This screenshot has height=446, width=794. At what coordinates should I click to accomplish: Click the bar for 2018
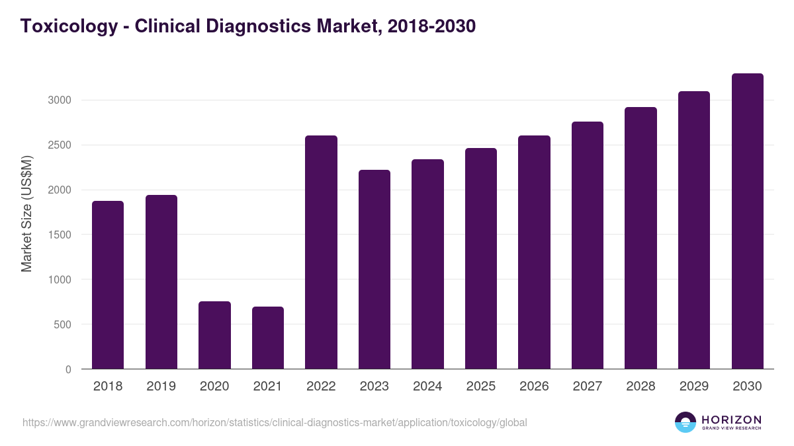108,285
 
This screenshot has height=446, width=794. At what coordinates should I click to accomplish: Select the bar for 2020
214,335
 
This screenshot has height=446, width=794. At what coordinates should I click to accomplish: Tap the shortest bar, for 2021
268,338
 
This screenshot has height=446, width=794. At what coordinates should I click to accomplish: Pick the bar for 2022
321,252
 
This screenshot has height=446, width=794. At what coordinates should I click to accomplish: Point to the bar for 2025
481,258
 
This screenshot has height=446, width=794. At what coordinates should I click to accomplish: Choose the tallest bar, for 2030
747,221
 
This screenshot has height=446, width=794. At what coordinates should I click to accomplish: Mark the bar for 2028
640,238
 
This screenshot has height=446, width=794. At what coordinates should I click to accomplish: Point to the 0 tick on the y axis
68,369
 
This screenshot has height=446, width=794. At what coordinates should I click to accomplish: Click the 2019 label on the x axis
161,387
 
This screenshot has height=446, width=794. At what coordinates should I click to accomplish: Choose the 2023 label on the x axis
375,387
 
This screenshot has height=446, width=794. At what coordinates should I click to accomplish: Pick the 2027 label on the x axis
588,387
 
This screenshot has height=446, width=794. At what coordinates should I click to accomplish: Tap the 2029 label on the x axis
694,387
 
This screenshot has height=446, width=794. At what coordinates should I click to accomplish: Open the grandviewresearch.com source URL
275,422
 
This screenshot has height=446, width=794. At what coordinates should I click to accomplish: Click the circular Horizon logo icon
685,422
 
